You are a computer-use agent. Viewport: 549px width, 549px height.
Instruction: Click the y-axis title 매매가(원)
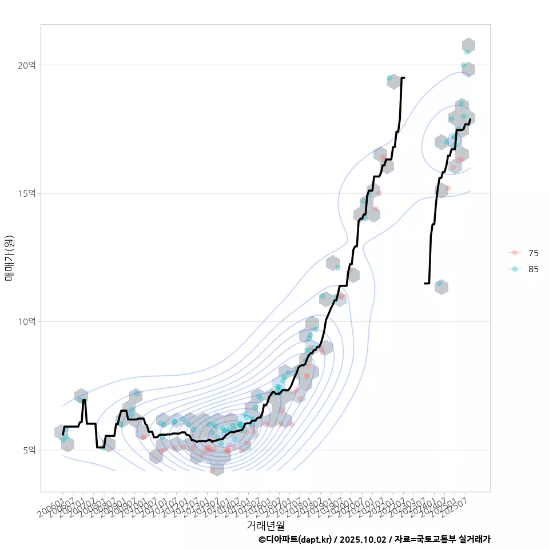coord(10,257)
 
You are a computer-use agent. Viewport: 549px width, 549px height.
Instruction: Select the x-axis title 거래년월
coord(265,524)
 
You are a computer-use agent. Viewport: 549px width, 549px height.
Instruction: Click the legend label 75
coord(533,253)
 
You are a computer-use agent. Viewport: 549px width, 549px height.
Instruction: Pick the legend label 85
coord(533,269)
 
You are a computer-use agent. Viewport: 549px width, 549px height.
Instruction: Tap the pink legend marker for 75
coord(515,253)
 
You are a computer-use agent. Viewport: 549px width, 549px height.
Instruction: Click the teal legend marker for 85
coord(515,269)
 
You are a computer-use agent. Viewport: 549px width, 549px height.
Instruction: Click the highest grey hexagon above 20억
coord(468,45)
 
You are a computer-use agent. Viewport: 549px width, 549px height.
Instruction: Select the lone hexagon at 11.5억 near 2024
coord(441,287)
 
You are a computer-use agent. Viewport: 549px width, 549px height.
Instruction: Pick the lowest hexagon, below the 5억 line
coord(217,469)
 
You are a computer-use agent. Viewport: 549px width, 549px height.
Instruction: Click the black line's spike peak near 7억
coord(84,400)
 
